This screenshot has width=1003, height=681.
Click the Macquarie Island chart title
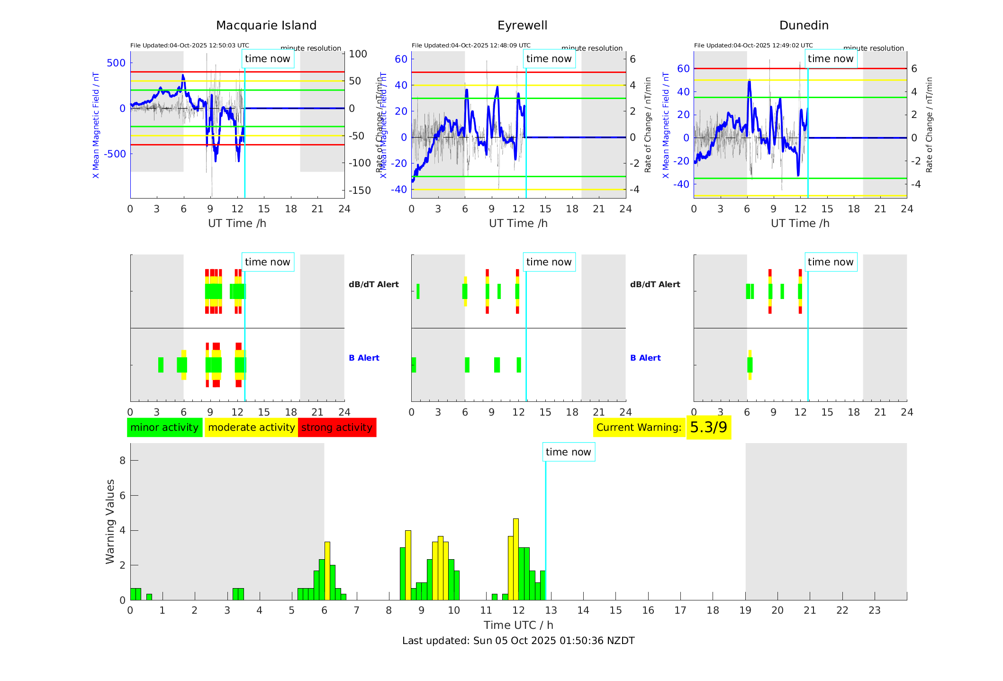click(x=266, y=26)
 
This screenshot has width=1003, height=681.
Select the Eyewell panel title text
click(x=522, y=26)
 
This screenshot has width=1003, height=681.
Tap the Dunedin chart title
click(x=804, y=26)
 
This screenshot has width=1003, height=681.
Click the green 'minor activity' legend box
click(x=164, y=427)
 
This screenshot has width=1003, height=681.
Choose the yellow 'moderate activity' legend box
click(x=251, y=427)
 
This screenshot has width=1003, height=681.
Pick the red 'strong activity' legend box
click(x=337, y=427)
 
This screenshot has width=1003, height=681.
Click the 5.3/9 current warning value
click(x=708, y=427)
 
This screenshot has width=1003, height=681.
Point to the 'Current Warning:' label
click(x=639, y=427)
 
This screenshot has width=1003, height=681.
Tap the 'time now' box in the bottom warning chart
click(x=568, y=452)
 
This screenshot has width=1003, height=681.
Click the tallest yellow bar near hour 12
click(x=516, y=559)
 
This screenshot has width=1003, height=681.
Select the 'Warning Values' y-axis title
click(x=110, y=521)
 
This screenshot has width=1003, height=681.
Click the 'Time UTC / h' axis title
click(x=518, y=625)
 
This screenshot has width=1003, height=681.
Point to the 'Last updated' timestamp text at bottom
click(x=518, y=641)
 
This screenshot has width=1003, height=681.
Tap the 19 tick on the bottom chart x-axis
click(x=745, y=610)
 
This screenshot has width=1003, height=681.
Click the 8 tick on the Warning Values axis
click(x=122, y=461)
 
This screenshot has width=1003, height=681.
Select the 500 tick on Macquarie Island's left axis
click(x=116, y=63)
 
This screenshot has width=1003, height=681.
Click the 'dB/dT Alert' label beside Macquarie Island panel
click(x=374, y=284)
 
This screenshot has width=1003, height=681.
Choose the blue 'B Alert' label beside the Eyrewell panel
click(x=645, y=358)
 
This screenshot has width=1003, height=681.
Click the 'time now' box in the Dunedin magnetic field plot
click(x=831, y=59)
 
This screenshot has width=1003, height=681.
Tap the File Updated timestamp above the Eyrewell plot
click(x=471, y=45)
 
